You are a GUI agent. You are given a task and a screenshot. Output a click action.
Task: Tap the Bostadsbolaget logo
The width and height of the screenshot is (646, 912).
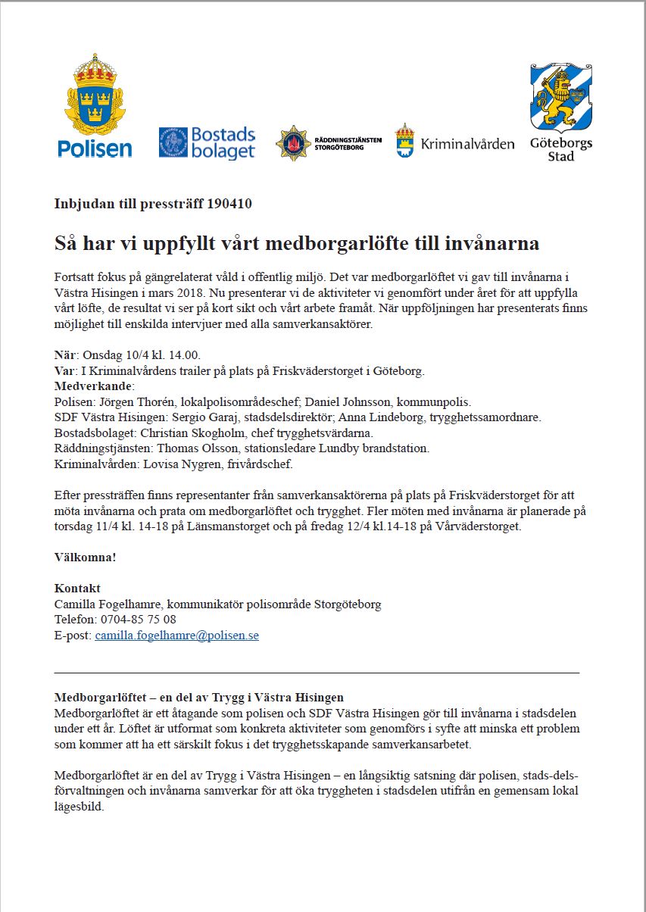207,143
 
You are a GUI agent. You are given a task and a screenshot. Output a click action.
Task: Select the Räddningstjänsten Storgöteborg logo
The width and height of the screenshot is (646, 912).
328,143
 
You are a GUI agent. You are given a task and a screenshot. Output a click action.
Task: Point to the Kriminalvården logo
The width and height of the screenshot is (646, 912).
454,142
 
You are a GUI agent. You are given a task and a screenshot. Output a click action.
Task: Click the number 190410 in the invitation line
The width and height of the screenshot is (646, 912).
229,204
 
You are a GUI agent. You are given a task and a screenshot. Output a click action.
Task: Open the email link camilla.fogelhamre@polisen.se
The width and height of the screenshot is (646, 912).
176,636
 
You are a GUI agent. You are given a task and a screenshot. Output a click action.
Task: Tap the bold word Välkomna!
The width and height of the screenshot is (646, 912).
86,557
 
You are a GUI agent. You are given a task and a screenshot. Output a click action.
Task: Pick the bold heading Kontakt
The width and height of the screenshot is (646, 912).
77,589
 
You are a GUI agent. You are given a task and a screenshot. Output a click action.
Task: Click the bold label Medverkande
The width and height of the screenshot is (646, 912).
93,386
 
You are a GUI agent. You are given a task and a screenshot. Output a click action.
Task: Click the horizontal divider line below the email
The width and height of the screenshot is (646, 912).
317,672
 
